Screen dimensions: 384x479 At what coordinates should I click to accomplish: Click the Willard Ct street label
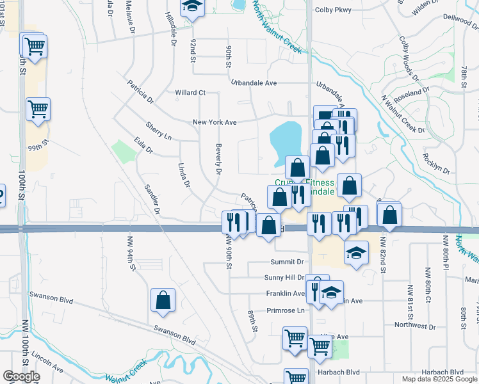(190, 93)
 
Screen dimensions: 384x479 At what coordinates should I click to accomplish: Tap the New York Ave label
(215, 122)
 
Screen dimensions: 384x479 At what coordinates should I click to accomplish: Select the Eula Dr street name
(143, 145)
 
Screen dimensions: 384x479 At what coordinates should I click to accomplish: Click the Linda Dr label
(183, 175)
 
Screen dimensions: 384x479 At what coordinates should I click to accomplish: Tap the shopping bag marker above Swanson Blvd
(163, 300)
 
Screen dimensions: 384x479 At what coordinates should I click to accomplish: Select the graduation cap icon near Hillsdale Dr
(190, 8)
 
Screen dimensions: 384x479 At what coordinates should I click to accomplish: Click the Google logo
(21, 376)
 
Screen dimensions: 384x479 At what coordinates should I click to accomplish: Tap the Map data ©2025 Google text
(439, 379)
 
